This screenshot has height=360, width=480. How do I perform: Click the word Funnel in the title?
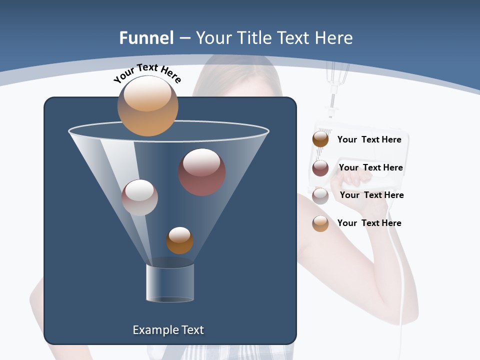[146, 38]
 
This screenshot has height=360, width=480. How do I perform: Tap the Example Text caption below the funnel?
[168, 330]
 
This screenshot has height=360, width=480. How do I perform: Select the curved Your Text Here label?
[147, 72]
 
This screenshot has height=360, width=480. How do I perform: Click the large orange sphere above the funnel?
[147, 105]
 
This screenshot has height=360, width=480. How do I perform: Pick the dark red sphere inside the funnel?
[202, 172]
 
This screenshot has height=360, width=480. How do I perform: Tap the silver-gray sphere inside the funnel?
[139, 197]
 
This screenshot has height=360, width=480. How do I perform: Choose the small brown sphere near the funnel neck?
[179, 240]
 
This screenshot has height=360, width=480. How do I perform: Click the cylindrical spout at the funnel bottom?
[170, 283]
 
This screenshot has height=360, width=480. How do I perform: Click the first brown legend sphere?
[320, 139]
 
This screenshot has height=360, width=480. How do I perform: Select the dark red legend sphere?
[320, 168]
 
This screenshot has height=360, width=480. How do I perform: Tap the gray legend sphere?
[320, 196]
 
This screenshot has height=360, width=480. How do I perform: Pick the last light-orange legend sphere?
[320, 223]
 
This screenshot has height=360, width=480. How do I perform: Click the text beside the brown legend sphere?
[369, 139]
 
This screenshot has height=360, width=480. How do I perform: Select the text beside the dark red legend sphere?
[370, 167]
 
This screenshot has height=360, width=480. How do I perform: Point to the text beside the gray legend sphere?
[371, 195]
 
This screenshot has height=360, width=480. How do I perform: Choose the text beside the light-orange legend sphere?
[369, 223]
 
